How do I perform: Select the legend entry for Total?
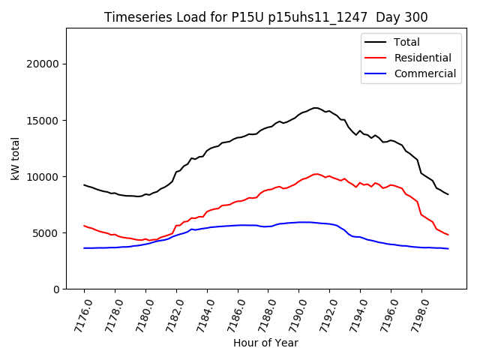pos(406,42)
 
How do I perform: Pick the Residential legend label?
pos(422,58)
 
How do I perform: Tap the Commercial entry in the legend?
pos(424,73)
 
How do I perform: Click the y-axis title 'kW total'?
pos(16,158)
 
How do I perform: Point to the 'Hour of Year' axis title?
pos(265,343)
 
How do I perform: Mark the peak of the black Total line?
pos(315,108)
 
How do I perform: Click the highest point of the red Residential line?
pos(316,174)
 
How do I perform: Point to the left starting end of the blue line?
pos(84,248)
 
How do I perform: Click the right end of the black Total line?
pos(448,194)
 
